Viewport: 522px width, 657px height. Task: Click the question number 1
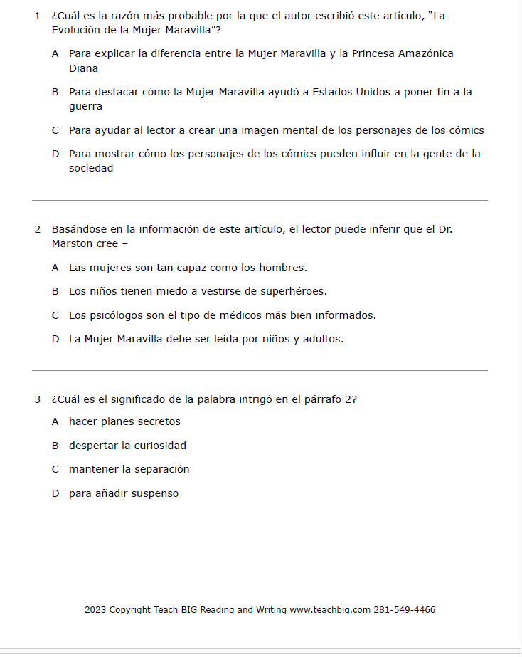37,16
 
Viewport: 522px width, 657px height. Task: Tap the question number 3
37,399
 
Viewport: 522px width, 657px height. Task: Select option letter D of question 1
55,154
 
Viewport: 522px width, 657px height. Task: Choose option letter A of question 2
55,268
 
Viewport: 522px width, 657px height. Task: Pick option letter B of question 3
55,446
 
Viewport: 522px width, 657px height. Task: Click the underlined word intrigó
255,399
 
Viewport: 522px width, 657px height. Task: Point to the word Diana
83,68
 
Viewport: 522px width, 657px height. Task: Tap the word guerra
85,107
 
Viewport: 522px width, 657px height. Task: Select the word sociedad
91,169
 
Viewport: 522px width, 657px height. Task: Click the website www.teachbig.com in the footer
330,610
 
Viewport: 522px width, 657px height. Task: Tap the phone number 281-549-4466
405,610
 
